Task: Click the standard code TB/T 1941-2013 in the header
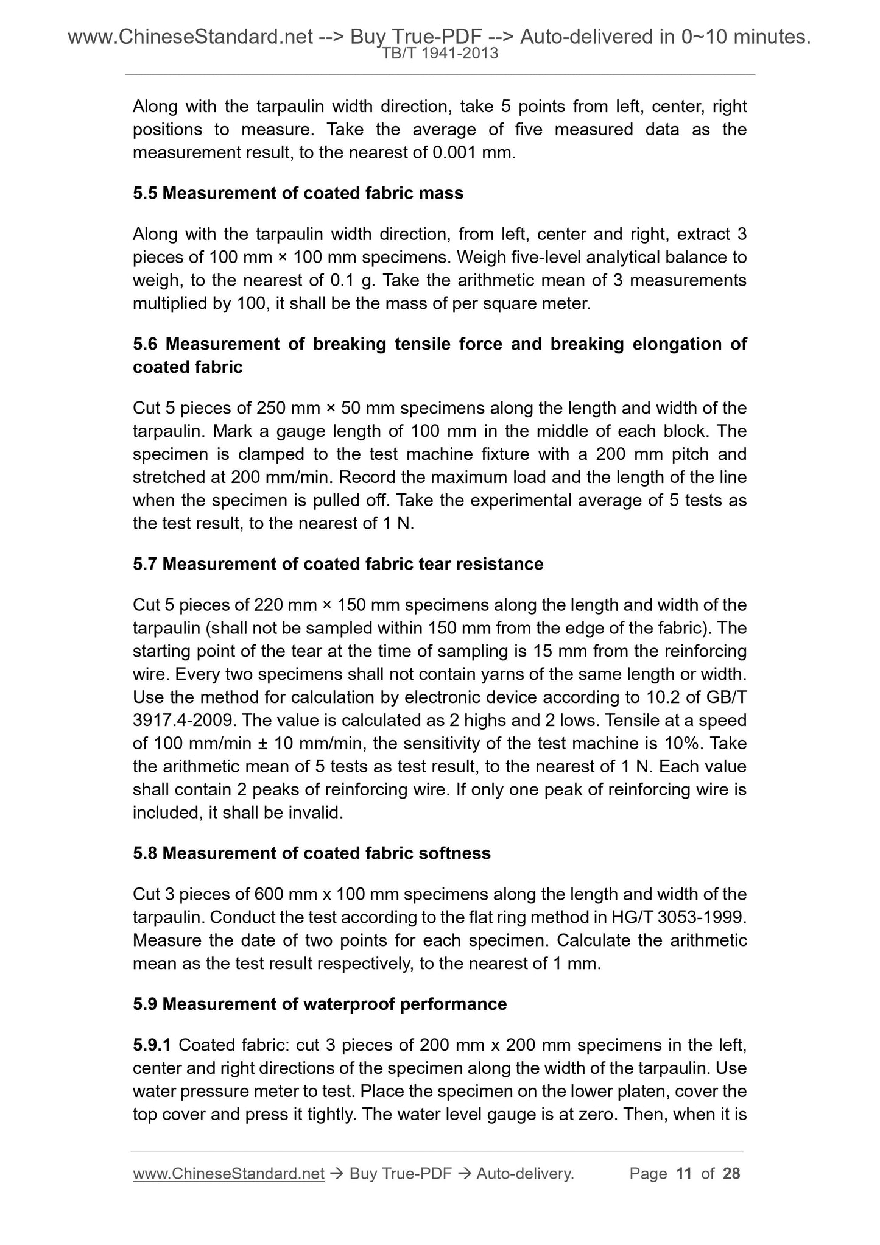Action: point(440,54)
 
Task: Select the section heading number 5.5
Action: point(145,193)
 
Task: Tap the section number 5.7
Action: point(145,564)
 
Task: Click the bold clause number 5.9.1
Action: point(153,1045)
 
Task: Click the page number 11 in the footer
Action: point(684,1173)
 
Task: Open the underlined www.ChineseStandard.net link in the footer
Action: point(228,1173)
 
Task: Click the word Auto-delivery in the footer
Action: point(525,1173)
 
